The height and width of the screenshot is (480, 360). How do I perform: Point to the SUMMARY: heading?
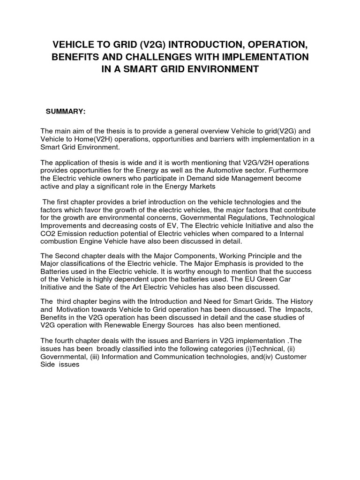click(x=65, y=111)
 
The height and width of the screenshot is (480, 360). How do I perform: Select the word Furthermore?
click(x=286, y=171)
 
